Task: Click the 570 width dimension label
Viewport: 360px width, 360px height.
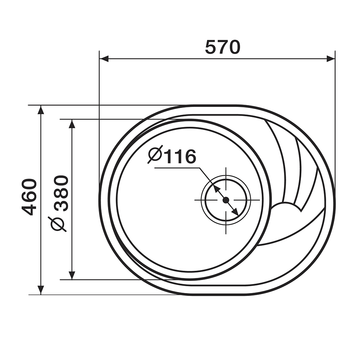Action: (222, 47)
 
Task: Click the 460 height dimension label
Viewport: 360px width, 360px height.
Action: (29, 197)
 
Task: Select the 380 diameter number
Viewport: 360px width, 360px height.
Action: (61, 194)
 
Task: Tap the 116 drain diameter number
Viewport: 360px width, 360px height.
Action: (180, 157)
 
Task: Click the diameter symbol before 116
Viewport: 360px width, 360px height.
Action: (156, 154)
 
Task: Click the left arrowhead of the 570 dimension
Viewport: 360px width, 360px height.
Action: (104, 59)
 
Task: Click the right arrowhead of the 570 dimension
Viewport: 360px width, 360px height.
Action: (330, 59)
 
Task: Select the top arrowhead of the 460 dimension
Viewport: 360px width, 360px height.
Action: (41, 110)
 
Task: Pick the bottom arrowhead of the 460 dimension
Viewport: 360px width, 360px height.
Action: (41, 290)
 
